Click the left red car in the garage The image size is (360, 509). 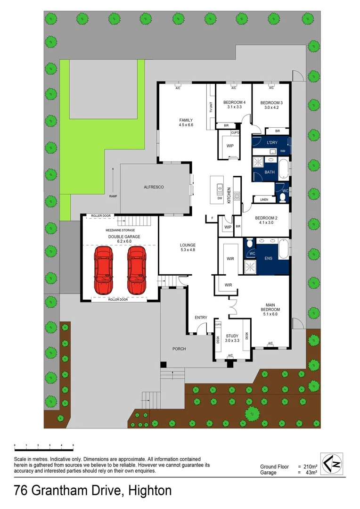(104, 270)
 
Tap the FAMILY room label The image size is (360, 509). (186, 120)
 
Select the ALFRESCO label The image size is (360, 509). (154, 187)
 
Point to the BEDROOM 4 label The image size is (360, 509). (234, 103)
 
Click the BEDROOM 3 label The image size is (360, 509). (271, 103)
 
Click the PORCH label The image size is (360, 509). (179, 349)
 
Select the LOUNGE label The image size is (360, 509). (188, 245)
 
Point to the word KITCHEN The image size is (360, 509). (229, 194)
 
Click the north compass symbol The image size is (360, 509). (331, 463)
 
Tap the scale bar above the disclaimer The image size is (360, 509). (44, 445)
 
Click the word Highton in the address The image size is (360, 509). (147, 491)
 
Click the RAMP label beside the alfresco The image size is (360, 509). (113, 196)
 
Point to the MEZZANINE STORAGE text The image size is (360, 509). (120, 230)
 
